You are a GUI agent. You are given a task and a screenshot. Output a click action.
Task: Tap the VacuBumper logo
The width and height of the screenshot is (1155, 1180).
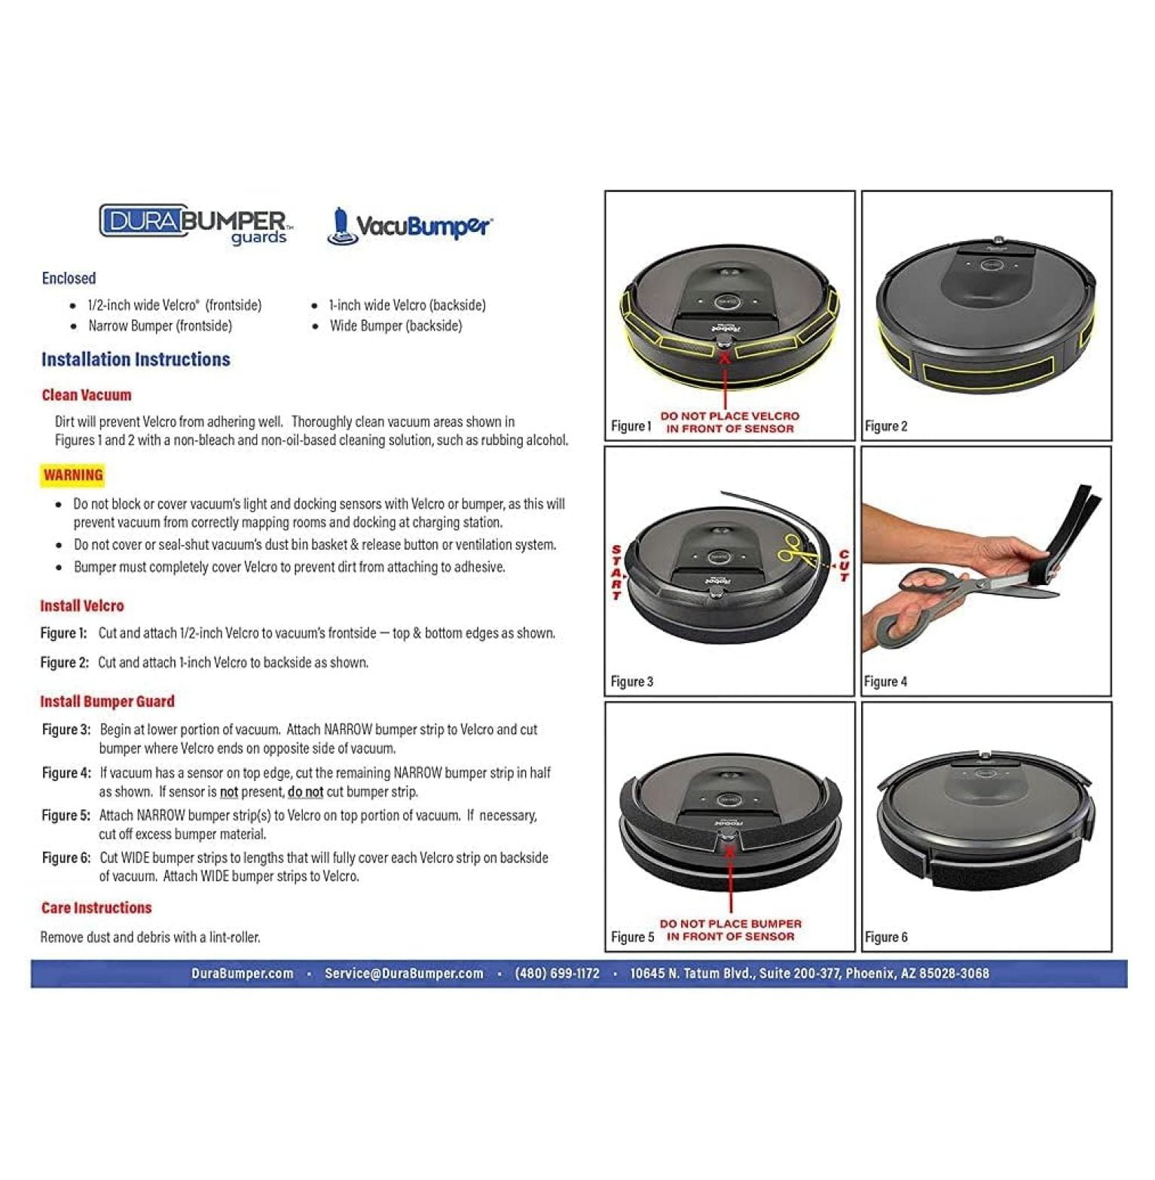click(411, 225)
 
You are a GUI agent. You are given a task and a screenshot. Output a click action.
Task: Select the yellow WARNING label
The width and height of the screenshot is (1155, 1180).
click(72, 475)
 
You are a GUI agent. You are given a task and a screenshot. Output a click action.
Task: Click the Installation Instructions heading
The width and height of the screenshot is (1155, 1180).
click(136, 359)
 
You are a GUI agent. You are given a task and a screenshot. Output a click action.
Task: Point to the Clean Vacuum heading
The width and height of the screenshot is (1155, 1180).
click(86, 395)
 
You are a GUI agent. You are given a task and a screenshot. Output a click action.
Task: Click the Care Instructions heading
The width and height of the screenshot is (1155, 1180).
click(96, 908)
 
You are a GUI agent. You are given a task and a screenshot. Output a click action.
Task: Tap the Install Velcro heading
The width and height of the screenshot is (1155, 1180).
click(81, 606)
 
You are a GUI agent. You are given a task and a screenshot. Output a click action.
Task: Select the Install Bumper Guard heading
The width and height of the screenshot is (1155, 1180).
click(107, 702)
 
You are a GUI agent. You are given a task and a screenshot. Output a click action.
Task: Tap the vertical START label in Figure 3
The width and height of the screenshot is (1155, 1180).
click(616, 572)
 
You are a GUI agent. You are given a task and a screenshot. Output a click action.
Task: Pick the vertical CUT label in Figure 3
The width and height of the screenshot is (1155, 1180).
click(844, 566)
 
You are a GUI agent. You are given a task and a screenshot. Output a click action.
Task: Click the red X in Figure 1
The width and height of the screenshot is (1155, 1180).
click(725, 358)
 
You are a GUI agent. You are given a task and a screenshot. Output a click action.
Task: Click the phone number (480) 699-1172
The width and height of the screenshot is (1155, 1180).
click(557, 974)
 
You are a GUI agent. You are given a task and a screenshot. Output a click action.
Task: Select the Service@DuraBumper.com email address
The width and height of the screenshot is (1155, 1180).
click(404, 974)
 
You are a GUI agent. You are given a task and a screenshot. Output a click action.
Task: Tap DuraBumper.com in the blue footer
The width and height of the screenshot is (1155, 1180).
click(242, 974)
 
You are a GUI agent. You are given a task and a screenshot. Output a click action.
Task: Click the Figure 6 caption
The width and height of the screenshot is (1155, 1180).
click(886, 938)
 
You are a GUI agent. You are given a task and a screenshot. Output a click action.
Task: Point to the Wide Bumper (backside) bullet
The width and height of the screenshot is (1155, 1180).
click(396, 326)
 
